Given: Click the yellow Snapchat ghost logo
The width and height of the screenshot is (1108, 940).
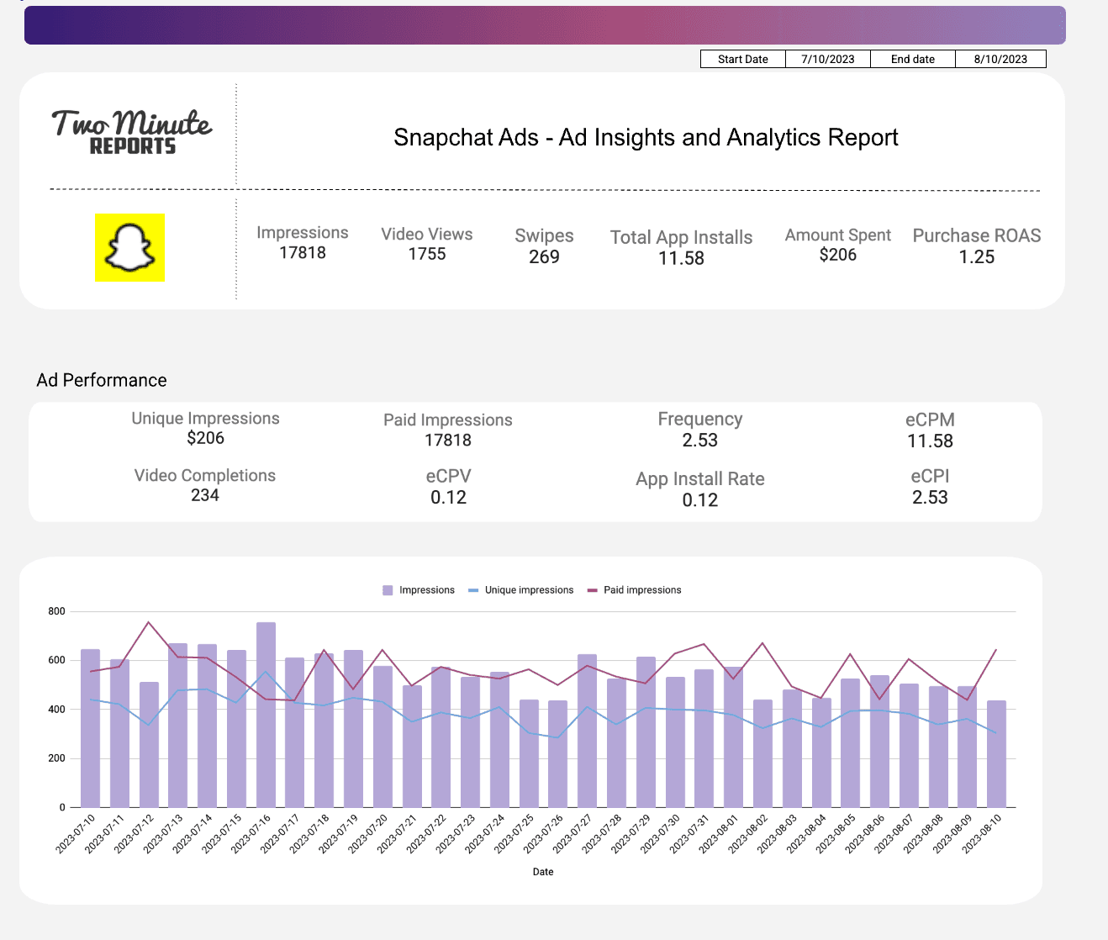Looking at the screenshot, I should [x=129, y=248].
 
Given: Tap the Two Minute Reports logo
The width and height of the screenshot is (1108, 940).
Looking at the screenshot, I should [x=132, y=132].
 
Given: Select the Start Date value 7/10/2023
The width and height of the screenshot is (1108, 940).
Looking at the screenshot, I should [x=827, y=59].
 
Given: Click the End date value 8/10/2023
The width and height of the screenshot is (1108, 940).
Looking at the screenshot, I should [x=1000, y=59].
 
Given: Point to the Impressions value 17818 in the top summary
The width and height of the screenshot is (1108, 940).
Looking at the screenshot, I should [x=302, y=253].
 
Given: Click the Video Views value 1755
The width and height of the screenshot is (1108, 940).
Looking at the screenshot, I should [x=426, y=255].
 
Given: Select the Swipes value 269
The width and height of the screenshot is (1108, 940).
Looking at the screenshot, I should [x=544, y=257].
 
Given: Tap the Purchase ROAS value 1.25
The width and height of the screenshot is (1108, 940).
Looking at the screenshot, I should [x=976, y=257].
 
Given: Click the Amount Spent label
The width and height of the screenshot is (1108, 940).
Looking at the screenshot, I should [x=837, y=235].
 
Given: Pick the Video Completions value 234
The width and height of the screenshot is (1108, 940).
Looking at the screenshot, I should [x=204, y=495].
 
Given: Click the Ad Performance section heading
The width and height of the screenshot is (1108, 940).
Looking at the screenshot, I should [x=102, y=380].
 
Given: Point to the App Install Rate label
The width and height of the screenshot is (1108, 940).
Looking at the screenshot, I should [x=699, y=479].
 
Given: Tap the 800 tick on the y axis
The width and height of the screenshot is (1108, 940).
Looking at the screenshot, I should [x=56, y=611].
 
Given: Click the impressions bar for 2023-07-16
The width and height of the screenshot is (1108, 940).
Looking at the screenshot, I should [x=266, y=715].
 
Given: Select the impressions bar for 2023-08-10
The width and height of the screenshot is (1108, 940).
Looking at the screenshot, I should [x=996, y=753].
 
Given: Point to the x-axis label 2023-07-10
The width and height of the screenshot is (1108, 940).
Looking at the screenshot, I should [x=77, y=833].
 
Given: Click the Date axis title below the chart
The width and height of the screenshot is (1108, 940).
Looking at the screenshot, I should [x=543, y=872].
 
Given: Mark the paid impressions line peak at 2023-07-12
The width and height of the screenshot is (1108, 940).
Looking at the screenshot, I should [x=149, y=622].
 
